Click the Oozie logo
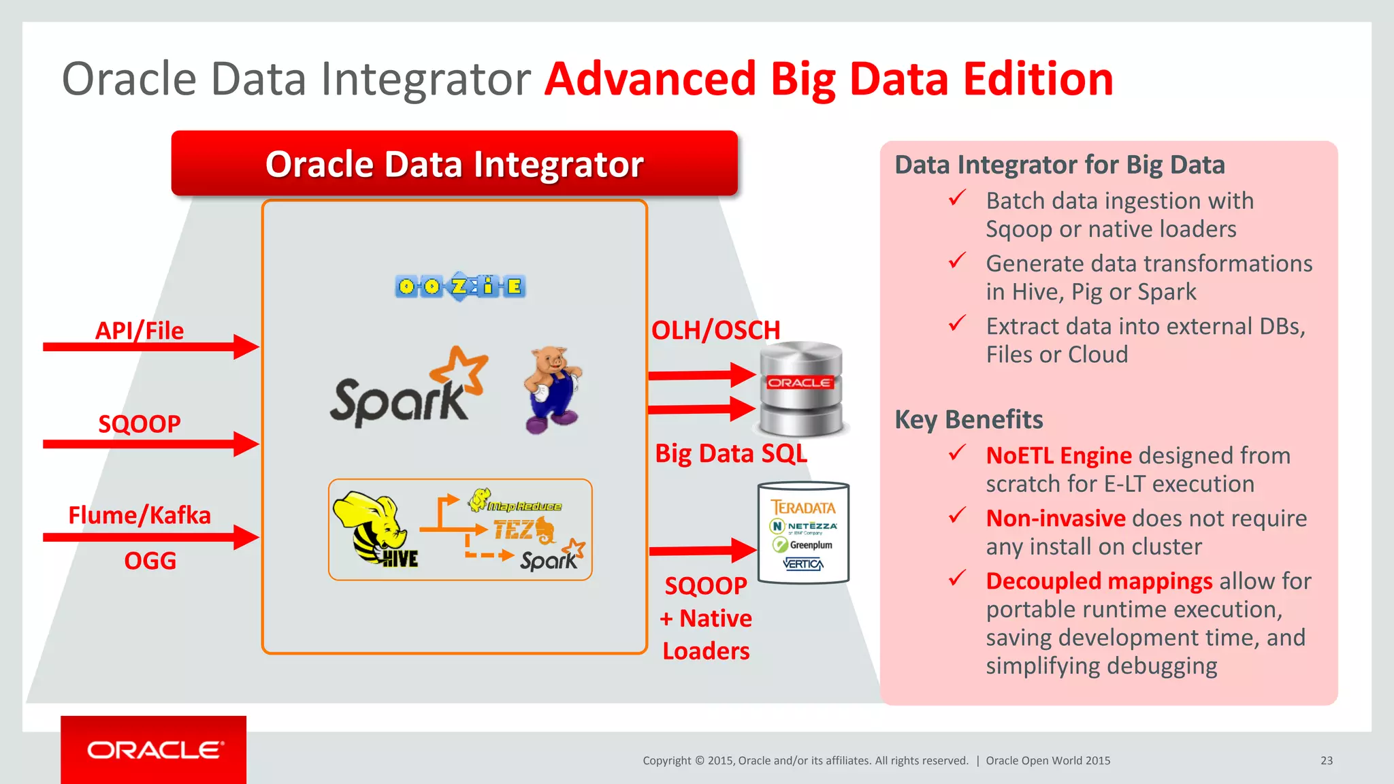460,287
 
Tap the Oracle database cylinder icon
800,389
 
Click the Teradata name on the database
803,507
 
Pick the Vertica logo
803,563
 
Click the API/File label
140,331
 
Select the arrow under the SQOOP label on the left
150,444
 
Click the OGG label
150,561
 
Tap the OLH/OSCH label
715,331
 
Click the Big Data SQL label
731,453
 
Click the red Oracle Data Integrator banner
454,164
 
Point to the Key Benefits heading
969,419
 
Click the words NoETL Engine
1058,455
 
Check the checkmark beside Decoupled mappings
958,578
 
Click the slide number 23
1326,760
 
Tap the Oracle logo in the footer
154,750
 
